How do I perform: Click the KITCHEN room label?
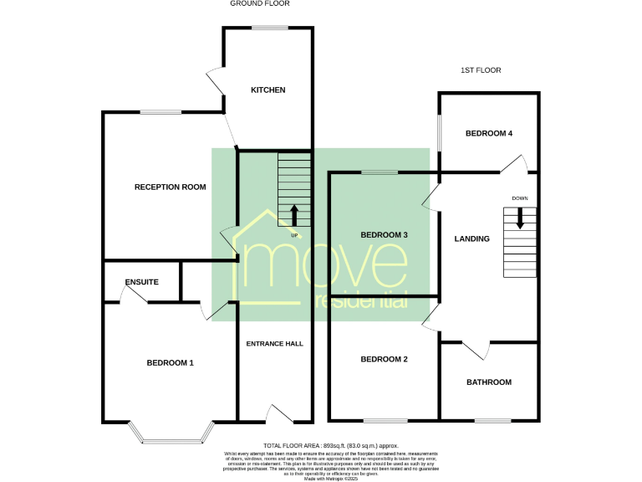[x=268, y=90]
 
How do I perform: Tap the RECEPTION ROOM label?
[x=170, y=187]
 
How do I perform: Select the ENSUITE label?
[x=141, y=282]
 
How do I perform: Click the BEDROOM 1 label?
[x=170, y=362]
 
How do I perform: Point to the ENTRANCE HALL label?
[x=274, y=343]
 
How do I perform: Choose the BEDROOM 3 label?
[x=384, y=235]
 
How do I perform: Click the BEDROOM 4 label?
[x=488, y=133]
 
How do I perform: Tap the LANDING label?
[x=471, y=239]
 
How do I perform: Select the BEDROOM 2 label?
[x=384, y=359]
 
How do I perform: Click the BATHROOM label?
[x=488, y=382]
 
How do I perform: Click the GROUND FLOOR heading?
[x=259, y=3]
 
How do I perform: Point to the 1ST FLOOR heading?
[x=480, y=70]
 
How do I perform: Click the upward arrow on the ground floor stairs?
[x=293, y=214]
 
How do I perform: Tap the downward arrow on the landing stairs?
[x=520, y=218]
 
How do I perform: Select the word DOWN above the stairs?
[x=520, y=198]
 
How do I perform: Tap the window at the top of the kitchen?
[x=268, y=28]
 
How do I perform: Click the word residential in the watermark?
[x=359, y=300]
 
